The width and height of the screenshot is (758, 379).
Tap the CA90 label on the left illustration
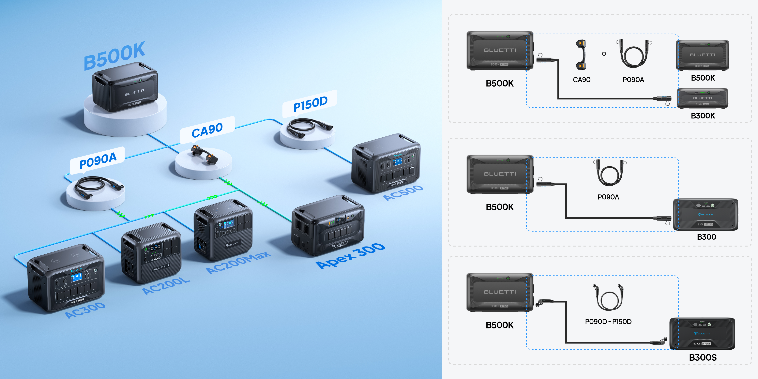coord(207,130)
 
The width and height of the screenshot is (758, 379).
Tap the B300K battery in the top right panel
coord(703,98)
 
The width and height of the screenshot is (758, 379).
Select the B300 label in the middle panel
coord(706,237)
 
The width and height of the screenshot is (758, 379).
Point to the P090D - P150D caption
coord(608,322)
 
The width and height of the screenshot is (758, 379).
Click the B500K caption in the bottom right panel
coord(499,325)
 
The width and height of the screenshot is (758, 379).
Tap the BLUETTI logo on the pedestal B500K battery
coord(134,92)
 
